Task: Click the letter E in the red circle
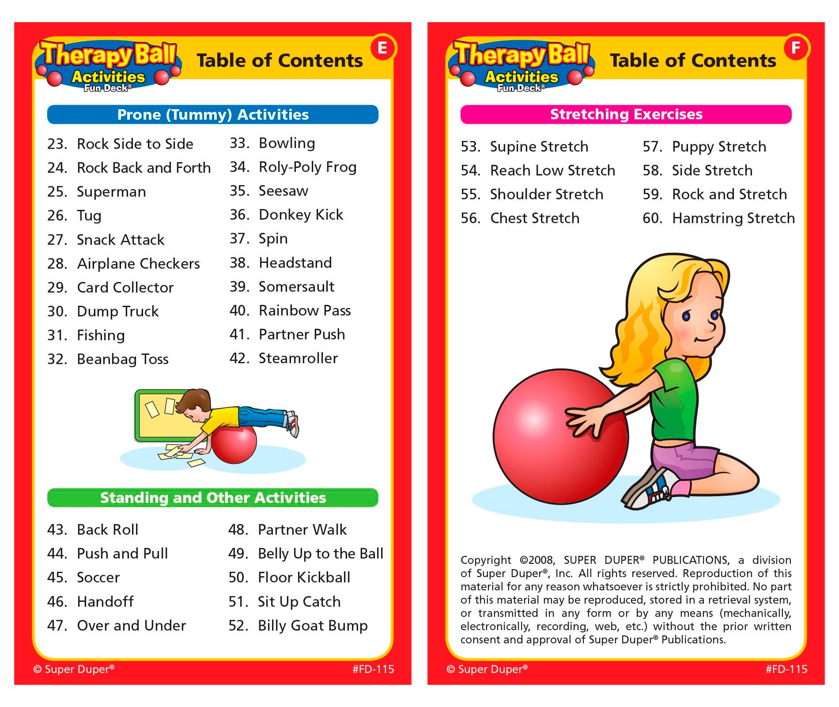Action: [382, 48]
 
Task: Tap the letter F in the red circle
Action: [796, 48]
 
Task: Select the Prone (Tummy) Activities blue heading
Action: [213, 114]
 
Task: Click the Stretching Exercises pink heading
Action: [626, 114]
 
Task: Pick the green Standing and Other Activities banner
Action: [213, 498]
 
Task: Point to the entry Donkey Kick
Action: [300, 215]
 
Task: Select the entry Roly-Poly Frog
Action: [307, 167]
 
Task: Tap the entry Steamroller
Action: [298, 358]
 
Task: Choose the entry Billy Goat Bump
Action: [312, 626]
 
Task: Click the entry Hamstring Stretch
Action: [733, 218]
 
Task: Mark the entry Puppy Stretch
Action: [718, 147]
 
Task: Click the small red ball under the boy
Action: [234, 444]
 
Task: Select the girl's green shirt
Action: [676, 398]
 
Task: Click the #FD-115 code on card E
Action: [373, 669]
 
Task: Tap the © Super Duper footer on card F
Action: [487, 669]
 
